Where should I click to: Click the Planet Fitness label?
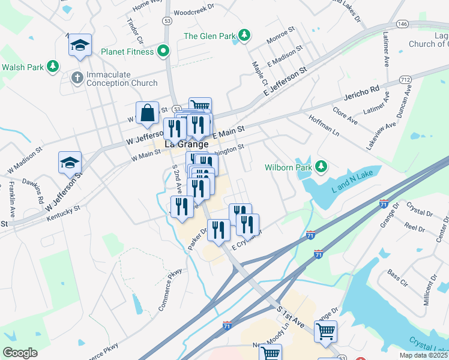127,51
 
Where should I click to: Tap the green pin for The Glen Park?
244,35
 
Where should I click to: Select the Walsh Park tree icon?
53,66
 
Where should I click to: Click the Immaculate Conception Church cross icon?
77,77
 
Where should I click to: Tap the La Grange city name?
186,144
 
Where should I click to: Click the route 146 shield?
402,24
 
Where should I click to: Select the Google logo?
20,352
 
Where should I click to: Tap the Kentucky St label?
65,211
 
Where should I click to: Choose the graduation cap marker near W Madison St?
69,163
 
